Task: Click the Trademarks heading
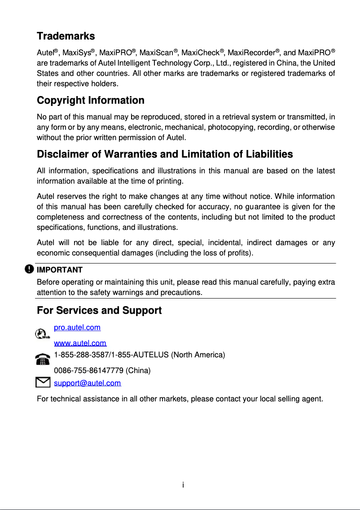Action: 66,36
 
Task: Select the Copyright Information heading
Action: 90,100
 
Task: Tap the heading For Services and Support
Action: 99,310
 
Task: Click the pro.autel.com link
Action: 77,328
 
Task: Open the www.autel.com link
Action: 80,343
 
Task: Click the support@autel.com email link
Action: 87,383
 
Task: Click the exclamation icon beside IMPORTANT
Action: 29,269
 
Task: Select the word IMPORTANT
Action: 59,270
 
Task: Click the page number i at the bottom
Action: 183,485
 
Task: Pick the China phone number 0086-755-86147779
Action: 89,371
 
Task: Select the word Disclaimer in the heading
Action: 62,154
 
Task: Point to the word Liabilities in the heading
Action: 269,154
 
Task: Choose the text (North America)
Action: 198,355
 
